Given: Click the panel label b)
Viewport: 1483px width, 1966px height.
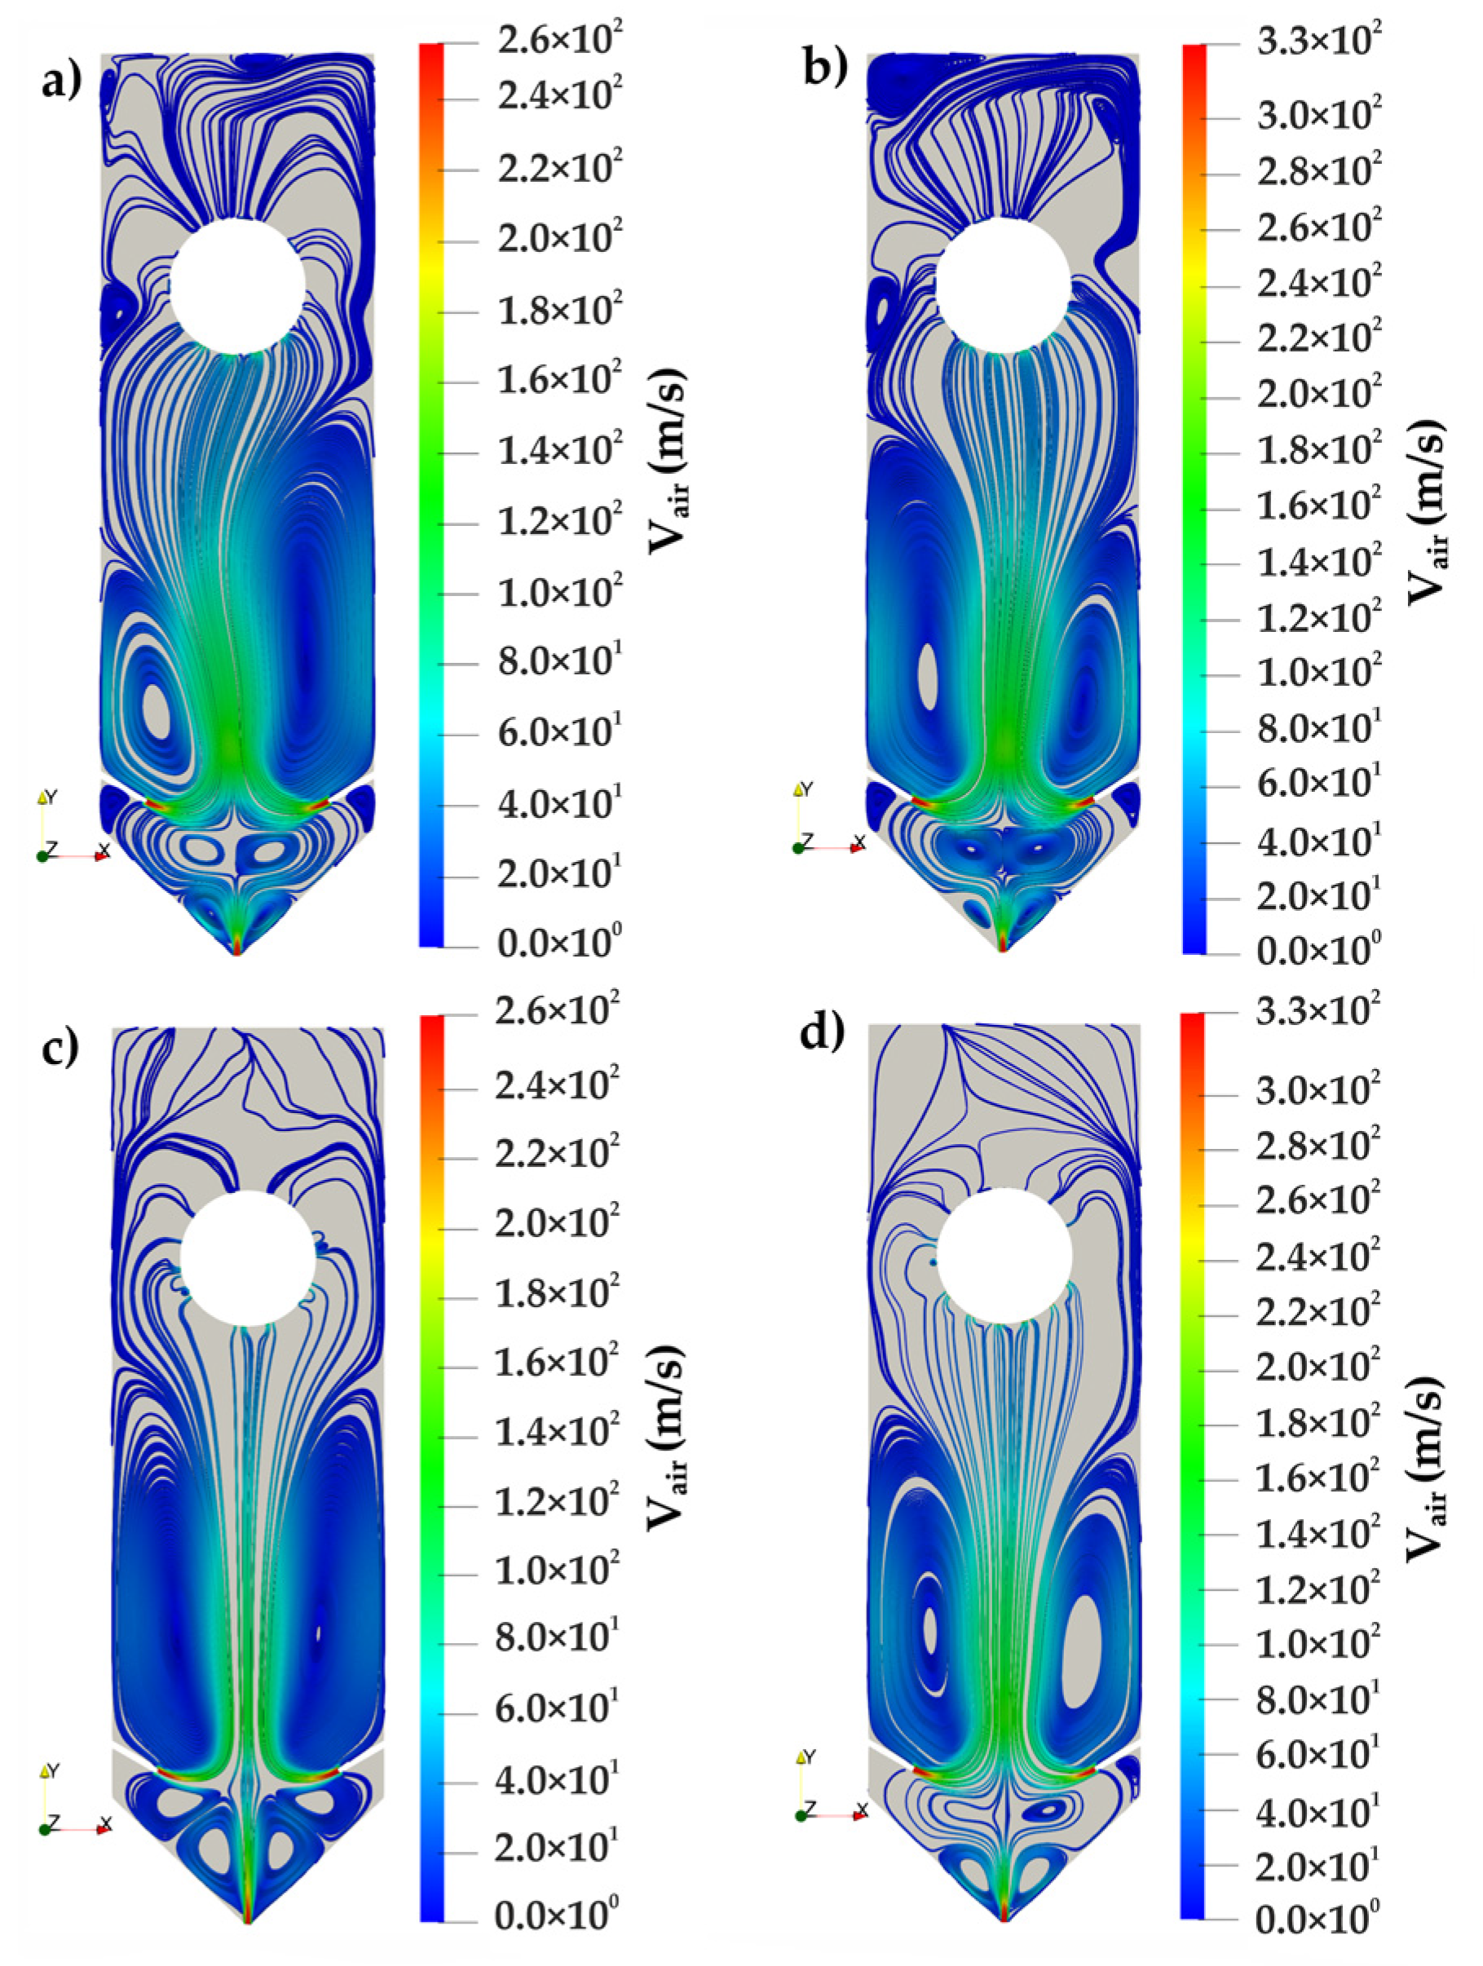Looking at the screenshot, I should (824, 69).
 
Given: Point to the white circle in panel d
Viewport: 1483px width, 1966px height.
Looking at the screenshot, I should (1004, 1256).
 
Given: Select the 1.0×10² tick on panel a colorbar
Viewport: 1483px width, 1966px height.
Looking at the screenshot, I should (554, 593).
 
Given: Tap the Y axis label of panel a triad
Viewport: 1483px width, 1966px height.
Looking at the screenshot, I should (51, 797).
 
